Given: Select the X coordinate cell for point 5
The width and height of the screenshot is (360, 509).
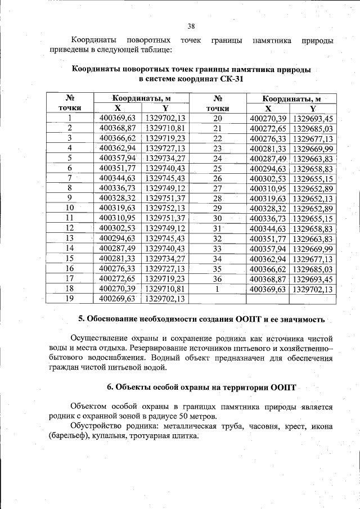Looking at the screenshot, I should click(x=118, y=158).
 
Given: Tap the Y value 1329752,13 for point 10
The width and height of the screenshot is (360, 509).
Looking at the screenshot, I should click(x=165, y=208).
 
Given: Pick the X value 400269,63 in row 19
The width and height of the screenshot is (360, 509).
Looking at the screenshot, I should click(x=118, y=299).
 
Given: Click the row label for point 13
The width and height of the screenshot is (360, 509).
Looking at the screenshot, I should click(x=70, y=238).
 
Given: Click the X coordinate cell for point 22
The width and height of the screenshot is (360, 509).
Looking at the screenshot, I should click(x=268, y=138).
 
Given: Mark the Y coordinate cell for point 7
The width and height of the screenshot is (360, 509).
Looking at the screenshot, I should click(x=165, y=178).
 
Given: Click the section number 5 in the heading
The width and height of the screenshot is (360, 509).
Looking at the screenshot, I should click(x=81, y=319).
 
